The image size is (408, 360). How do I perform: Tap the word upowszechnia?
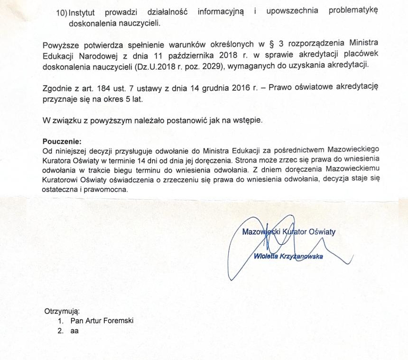[289, 11]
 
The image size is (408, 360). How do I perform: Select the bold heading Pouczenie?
[62, 141]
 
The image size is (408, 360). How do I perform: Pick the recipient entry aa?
[74, 331]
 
